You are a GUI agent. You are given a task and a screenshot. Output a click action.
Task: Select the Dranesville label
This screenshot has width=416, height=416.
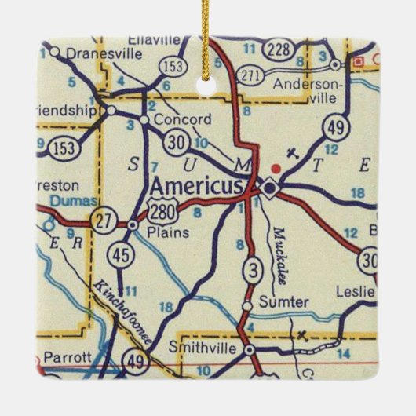(104, 53)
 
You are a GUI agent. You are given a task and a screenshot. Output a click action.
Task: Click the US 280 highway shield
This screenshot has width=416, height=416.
(162, 209)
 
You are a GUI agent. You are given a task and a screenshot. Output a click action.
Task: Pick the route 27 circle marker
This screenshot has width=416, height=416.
(103, 220)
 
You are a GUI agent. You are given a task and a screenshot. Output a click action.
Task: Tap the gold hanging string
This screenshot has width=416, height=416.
(210, 31)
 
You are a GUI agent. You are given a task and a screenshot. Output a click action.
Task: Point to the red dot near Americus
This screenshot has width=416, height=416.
(276, 167)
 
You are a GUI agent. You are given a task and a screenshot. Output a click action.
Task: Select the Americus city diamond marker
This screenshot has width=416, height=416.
(270, 188)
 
